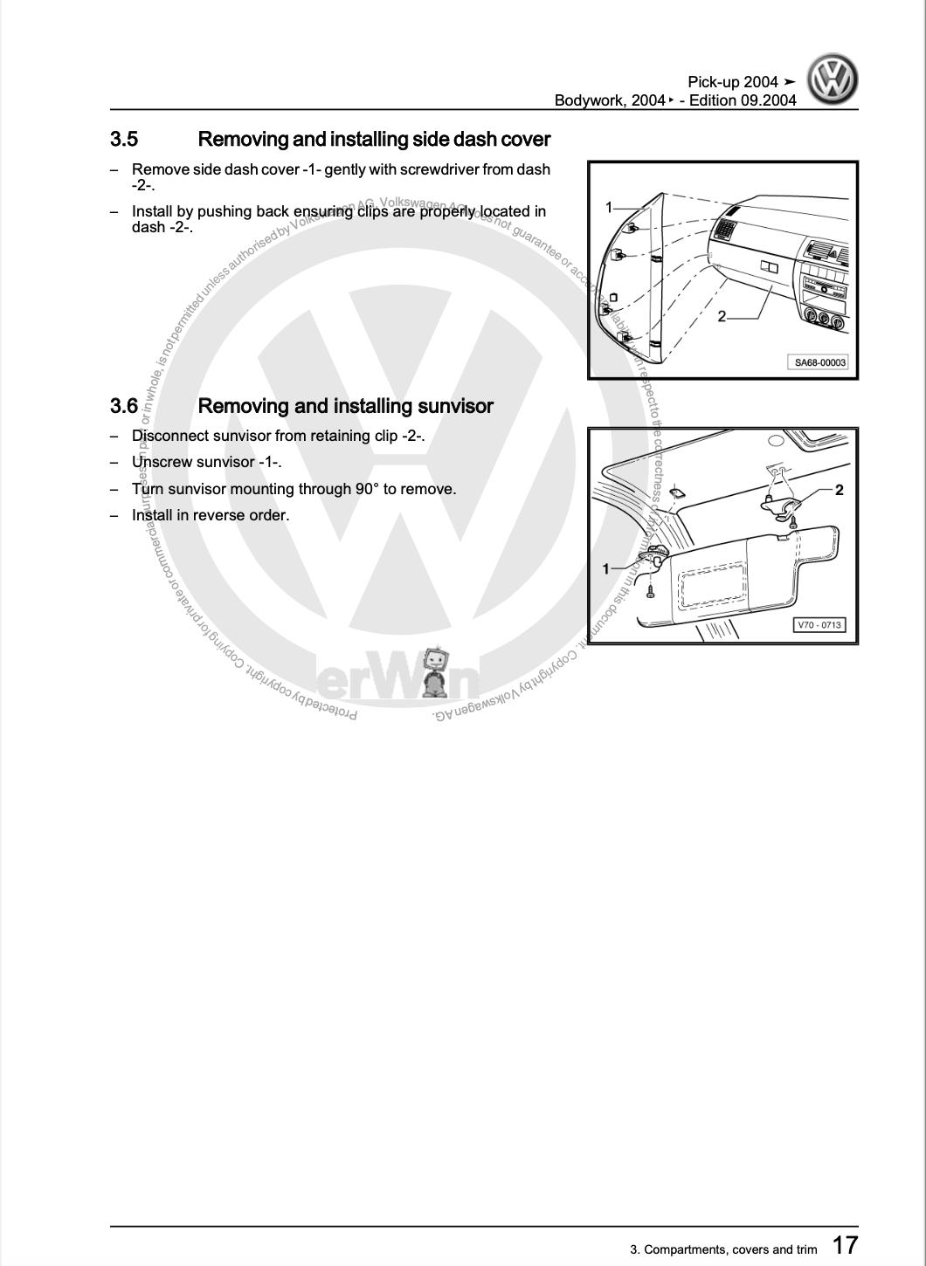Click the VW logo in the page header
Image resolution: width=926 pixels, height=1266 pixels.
(832, 80)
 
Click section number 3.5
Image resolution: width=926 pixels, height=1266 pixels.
(124, 140)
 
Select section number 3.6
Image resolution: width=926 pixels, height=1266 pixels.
(124, 406)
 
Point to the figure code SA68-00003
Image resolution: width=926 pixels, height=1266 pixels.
(820, 362)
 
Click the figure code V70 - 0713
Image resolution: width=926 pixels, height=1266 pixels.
(819, 625)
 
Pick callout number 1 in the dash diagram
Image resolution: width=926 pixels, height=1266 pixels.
(610, 208)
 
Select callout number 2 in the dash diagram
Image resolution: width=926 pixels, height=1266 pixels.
(722, 316)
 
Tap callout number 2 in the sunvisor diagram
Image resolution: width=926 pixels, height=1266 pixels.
(839, 490)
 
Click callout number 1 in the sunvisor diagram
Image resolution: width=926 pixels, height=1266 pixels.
(606, 569)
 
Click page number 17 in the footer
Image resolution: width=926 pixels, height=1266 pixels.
(844, 1245)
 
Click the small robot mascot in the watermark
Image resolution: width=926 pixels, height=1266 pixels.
(433, 671)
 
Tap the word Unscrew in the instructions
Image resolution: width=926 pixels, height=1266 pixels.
(162, 462)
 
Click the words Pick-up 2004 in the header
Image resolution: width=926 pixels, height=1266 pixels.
(732, 82)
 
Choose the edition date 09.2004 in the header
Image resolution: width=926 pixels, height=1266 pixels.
(769, 100)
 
